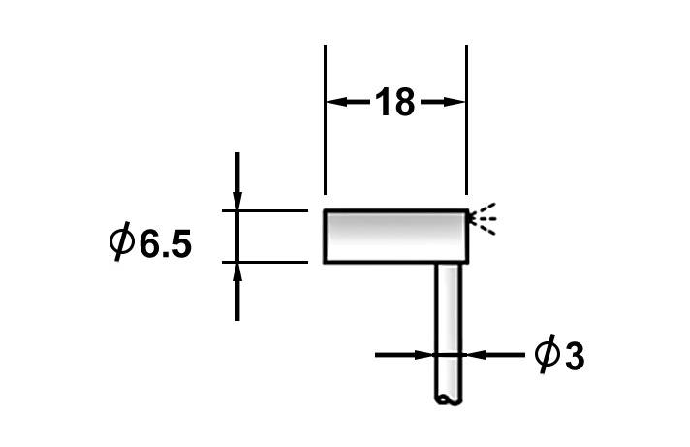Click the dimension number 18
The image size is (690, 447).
395,102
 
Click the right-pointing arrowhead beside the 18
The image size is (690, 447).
455,102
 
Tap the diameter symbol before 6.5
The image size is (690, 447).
122,241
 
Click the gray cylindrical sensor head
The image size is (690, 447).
395,237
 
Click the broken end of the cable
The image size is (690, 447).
447,399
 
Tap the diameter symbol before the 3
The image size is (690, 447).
546,355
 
